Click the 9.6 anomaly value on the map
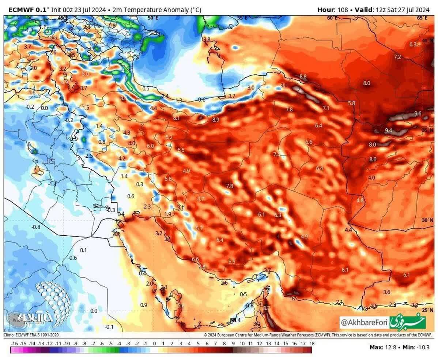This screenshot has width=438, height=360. pos(418,113)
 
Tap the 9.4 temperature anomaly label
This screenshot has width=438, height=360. pos(388,130)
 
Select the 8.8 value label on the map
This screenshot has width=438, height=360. pos(303,76)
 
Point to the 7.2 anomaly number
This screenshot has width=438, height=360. pos(397,57)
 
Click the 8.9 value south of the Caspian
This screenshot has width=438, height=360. pos(215,119)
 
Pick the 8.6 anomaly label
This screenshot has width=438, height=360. pos(373,159)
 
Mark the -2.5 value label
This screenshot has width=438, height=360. pos(88,155)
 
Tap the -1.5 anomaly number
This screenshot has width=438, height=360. pos(50,161)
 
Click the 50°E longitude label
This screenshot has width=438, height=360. pos(153,18)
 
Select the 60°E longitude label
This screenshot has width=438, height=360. pos(332,18)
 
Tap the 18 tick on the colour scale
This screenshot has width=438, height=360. pos(312,344)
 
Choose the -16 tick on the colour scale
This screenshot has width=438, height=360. pos(15,344)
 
